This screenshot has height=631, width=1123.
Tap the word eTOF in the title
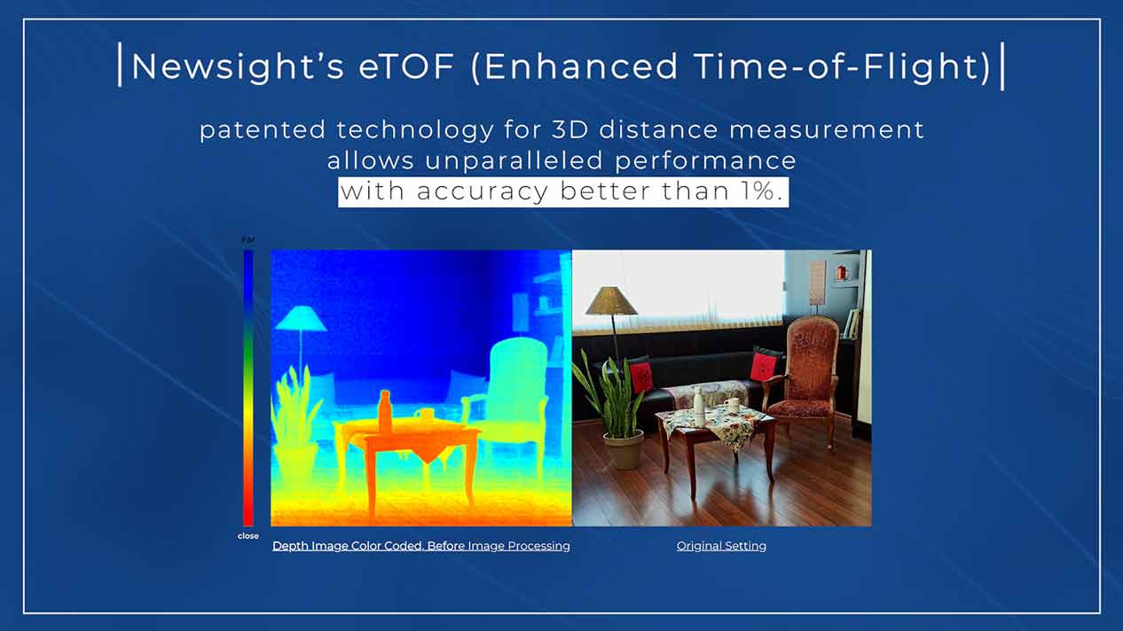click(406, 66)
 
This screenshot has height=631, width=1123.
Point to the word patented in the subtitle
click(263, 130)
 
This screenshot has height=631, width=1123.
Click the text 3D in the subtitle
click(570, 129)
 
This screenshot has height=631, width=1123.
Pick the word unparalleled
click(514, 160)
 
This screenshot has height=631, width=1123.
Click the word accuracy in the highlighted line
click(483, 192)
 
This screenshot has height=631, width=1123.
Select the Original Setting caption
click(721, 546)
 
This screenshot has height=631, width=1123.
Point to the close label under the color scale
click(248, 536)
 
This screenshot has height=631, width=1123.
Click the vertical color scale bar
click(248, 388)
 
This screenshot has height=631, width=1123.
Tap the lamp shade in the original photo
click(611, 300)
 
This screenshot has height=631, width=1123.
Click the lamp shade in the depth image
click(301, 318)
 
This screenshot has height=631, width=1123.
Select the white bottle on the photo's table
click(698, 406)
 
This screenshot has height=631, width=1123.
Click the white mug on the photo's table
click(732, 405)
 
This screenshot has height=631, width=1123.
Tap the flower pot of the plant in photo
click(624, 449)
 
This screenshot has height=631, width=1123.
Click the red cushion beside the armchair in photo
click(764, 366)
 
